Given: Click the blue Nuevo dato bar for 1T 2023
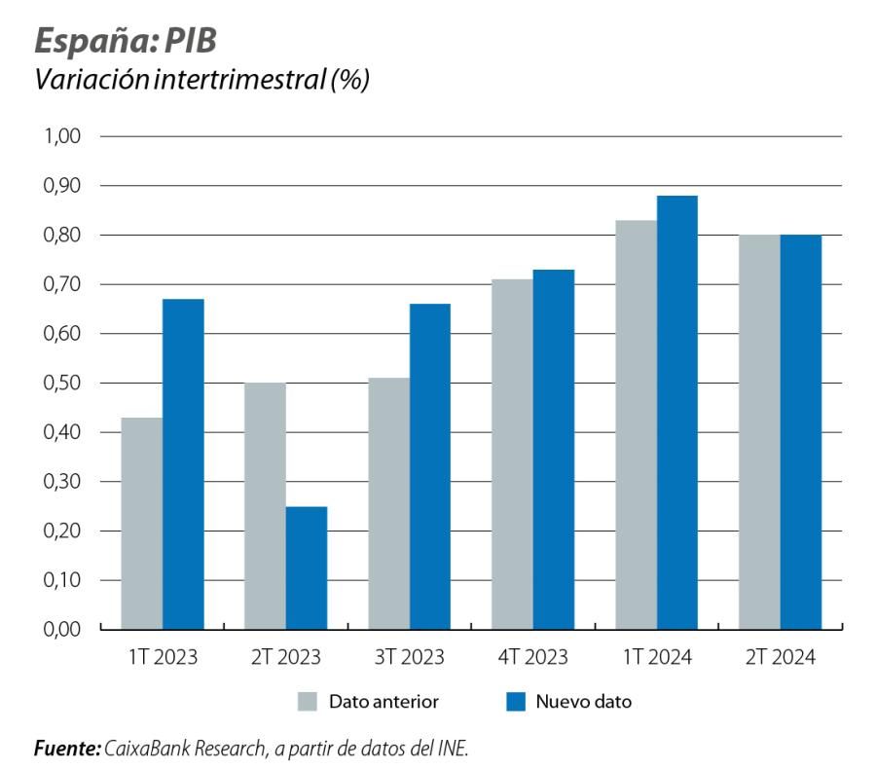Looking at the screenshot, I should [x=183, y=464].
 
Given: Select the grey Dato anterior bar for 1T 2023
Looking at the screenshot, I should [x=142, y=524].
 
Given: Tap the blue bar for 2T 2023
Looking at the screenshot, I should [x=307, y=568].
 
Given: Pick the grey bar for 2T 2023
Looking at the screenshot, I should [x=265, y=506].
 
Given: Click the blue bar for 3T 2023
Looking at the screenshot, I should [x=429, y=466].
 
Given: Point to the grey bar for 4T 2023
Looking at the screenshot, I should [x=512, y=455].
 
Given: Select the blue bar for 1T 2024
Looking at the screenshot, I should [x=676, y=413].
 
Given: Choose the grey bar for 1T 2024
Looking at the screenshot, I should [x=636, y=424].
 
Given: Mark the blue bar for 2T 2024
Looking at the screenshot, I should [x=800, y=432].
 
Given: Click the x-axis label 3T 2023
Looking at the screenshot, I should [x=409, y=657].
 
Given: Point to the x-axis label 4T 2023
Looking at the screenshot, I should [x=532, y=657].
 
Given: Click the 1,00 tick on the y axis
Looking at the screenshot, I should [x=60, y=136].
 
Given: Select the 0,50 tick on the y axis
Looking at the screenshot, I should [x=60, y=384].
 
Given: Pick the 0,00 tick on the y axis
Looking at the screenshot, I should [x=60, y=630].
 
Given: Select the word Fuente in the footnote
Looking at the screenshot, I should [x=64, y=749].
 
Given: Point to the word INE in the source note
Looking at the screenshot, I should [x=453, y=749].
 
